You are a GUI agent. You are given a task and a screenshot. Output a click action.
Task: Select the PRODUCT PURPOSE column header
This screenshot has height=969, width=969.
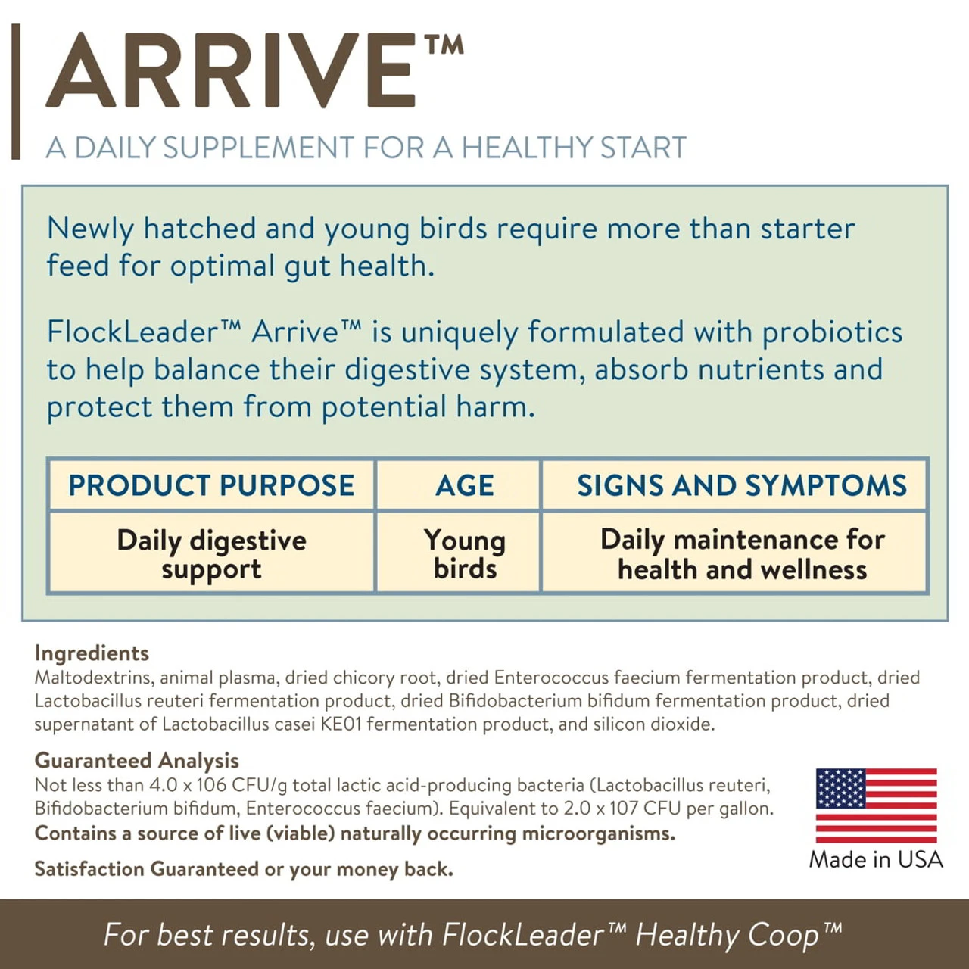click(211, 485)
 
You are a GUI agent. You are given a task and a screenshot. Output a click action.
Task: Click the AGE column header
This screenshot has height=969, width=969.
click(465, 486)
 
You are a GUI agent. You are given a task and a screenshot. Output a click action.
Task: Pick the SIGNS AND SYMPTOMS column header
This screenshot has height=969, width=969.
click(742, 485)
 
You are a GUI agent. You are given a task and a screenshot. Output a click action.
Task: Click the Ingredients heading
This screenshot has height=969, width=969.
click(92, 653)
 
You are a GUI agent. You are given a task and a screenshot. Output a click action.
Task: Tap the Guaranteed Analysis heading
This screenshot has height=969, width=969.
click(136, 761)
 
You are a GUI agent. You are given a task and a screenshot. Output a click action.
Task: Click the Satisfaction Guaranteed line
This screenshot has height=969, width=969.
click(244, 869)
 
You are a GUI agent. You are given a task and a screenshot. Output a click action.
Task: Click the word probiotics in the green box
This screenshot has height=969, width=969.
click(832, 333)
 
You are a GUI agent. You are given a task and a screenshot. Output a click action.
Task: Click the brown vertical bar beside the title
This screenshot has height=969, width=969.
click(16, 92)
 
